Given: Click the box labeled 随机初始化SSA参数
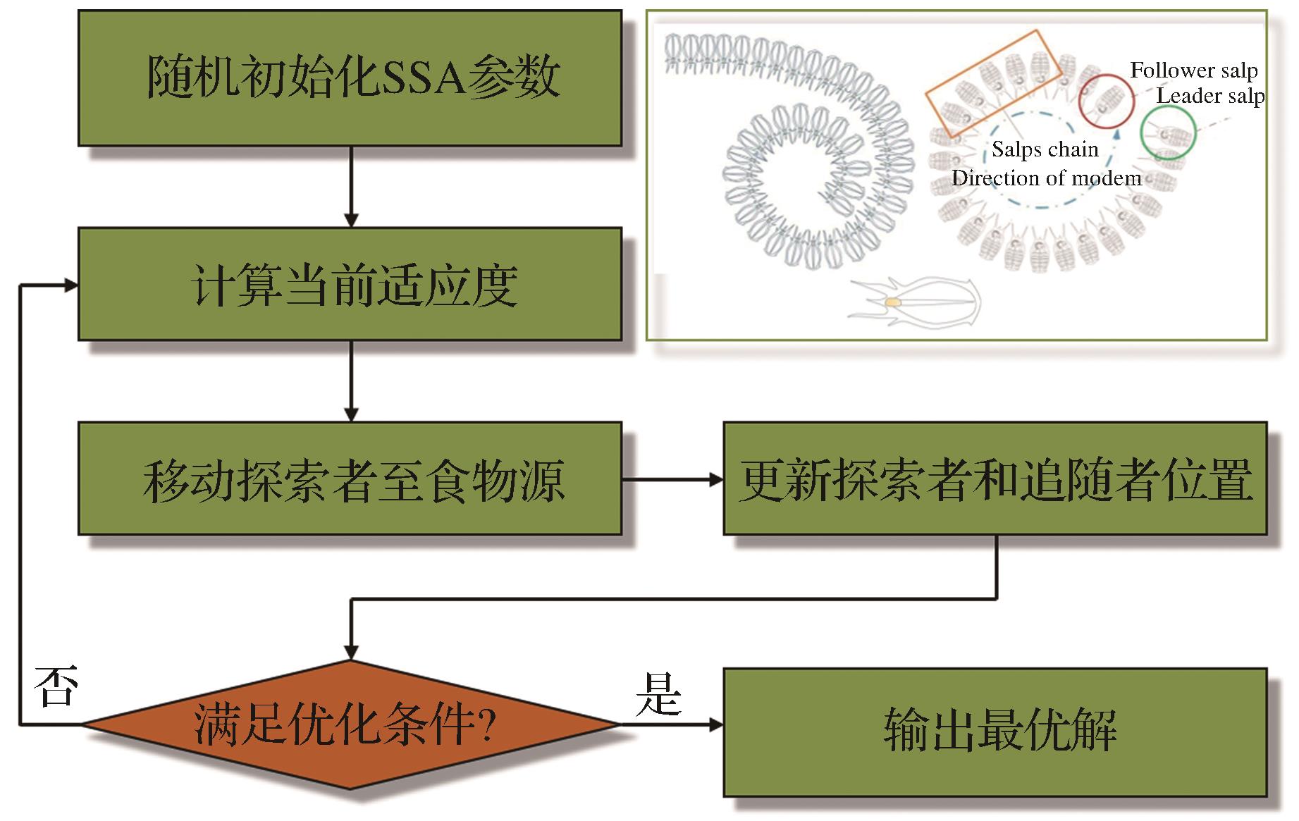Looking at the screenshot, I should coord(350,78).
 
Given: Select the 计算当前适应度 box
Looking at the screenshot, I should coord(350,284).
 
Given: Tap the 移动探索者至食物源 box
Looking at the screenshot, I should coord(350,479).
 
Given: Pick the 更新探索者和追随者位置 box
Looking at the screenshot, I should coord(995,479).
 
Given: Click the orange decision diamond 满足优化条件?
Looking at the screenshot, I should coord(350,724).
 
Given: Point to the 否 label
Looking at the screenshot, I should coord(56,686).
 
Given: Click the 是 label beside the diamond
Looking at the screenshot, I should coord(658,694).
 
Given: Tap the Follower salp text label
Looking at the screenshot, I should coord(1193,70).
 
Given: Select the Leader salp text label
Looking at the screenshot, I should coord(1209,96).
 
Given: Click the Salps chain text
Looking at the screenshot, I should coord(1045,149).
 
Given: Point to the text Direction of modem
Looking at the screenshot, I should coord(1046,178).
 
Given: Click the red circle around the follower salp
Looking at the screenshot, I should coord(1106,101).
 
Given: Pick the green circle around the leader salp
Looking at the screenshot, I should coord(1168,133).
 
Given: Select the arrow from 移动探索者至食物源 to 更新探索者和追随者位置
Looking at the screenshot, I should coord(672,480).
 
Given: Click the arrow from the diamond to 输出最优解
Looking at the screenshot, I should coord(672,724).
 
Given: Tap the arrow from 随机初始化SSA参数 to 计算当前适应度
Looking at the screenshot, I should coord(351,187).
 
